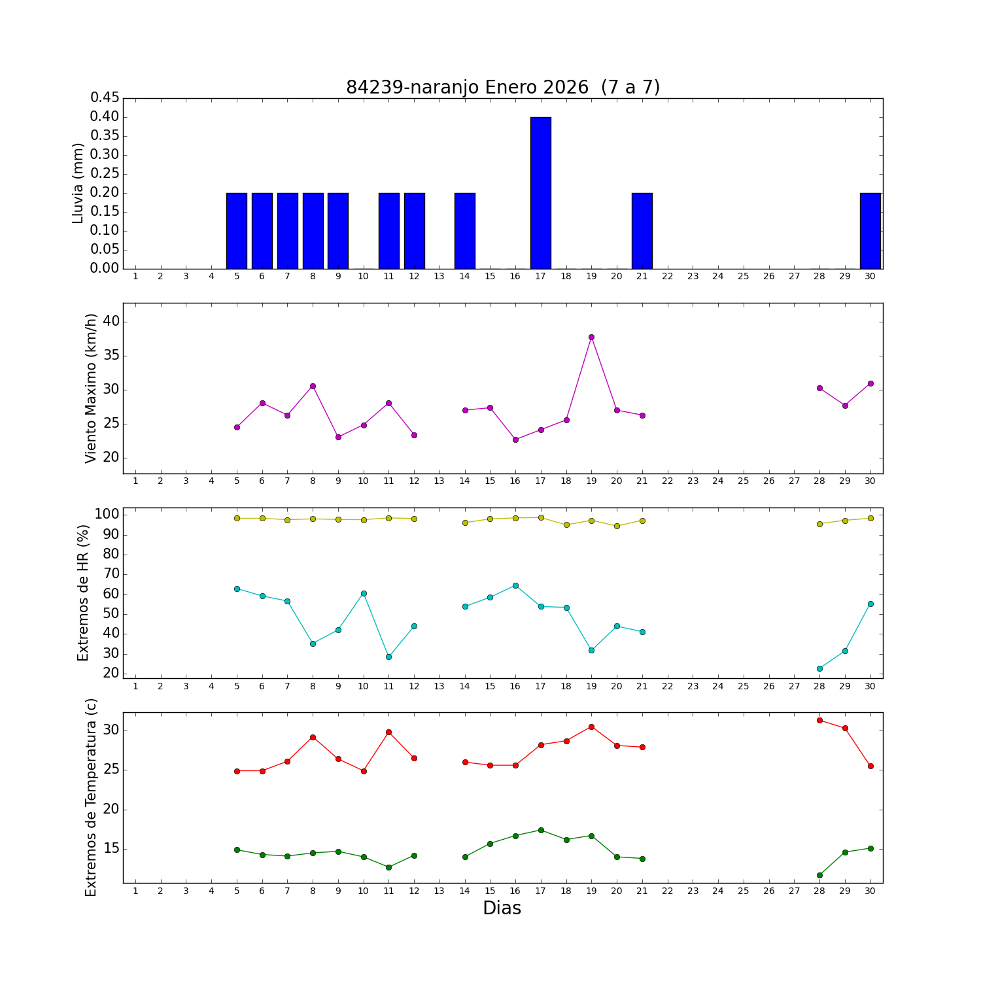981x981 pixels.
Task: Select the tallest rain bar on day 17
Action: tap(540, 193)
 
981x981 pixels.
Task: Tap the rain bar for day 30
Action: tap(870, 231)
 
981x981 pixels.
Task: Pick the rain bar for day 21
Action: tap(642, 231)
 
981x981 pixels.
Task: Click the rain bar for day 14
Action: tap(464, 231)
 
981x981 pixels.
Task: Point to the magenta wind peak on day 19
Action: tap(591, 337)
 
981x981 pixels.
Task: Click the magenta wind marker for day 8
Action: tap(313, 386)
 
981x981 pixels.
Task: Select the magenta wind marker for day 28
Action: tap(819, 388)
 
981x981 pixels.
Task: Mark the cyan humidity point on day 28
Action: tap(819, 668)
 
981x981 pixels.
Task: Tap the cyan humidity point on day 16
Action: tap(515, 585)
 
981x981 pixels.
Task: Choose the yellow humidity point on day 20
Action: tap(617, 526)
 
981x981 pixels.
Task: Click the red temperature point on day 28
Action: tap(819, 720)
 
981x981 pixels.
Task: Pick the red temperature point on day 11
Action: tap(388, 732)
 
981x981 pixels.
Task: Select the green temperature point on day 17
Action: tap(541, 830)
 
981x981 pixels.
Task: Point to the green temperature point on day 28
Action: tap(819, 875)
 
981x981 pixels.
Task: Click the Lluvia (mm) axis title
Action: tap(78, 183)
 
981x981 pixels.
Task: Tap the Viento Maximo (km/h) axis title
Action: tap(91, 388)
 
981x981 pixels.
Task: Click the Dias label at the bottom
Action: tap(502, 908)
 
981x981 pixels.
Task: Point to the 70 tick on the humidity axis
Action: tap(111, 574)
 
